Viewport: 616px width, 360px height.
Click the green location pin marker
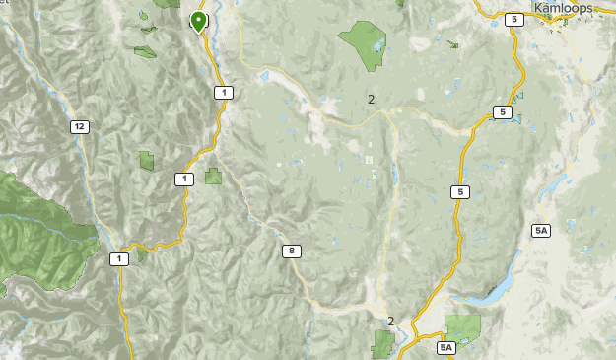pyautogui.click(x=199, y=21)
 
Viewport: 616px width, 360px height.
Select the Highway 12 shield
pyautogui.click(x=79, y=126)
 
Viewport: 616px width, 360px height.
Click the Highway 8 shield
pyautogui.click(x=291, y=251)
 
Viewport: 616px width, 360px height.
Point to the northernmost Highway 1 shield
pyautogui.click(x=225, y=93)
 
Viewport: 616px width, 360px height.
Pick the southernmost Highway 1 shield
pyautogui.click(x=119, y=259)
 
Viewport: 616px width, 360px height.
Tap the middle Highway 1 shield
pyautogui.click(x=183, y=179)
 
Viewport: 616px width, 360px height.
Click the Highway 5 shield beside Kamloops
pyautogui.click(x=513, y=19)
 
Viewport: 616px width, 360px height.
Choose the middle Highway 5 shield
pyautogui.click(x=503, y=112)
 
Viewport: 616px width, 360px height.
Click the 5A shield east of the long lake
pyautogui.click(x=541, y=230)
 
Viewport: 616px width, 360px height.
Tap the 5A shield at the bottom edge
pyautogui.click(x=446, y=347)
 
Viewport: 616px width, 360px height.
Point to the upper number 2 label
pyautogui.click(x=371, y=99)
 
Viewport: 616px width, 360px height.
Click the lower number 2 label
pyautogui.click(x=390, y=321)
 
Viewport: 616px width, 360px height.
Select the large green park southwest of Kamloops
pyautogui.click(x=363, y=43)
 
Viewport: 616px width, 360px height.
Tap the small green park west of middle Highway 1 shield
pyautogui.click(x=147, y=160)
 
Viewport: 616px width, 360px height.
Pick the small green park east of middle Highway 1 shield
pyautogui.click(x=213, y=177)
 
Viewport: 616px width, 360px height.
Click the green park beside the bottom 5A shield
pyautogui.click(x=463, y=328)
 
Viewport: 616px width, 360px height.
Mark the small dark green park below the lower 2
pyautogui.click(x=382, y=344)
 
